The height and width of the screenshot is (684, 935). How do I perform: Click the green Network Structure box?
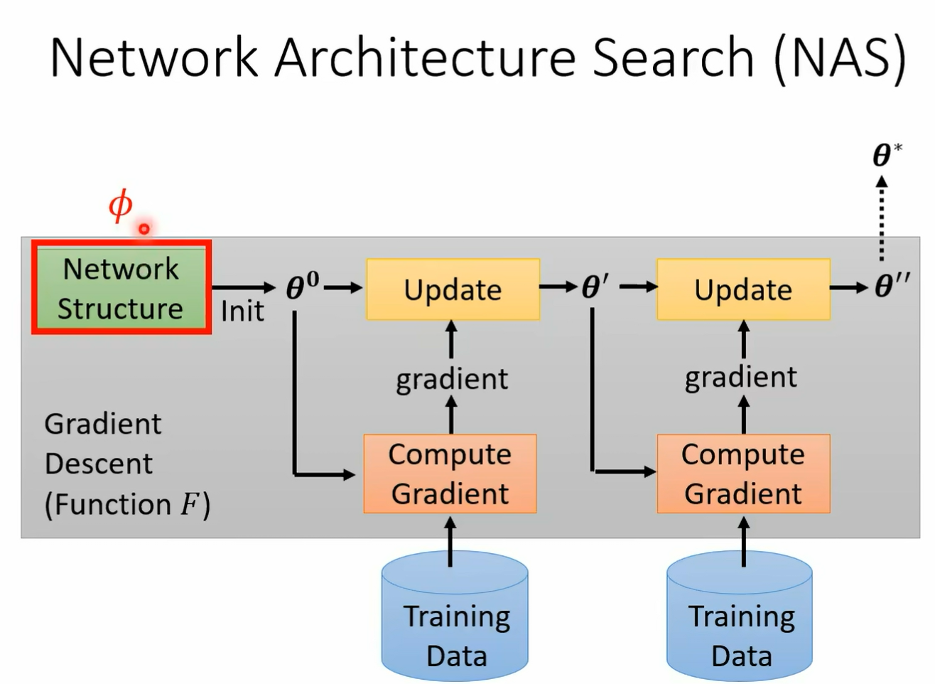(x=121, y=287)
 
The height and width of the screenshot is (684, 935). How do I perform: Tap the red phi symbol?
(x=121, y=205)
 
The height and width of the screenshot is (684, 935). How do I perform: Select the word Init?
(x=242, y=311)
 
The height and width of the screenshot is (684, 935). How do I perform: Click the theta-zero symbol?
(x=303, y=286)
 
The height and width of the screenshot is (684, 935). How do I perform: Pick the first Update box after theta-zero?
(x=453, y=289)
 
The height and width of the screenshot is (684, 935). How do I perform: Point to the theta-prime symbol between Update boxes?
(x=595, y=287)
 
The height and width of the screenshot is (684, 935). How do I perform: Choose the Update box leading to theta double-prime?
(x=743, y=289)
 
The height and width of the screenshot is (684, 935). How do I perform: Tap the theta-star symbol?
(x=887, y=154)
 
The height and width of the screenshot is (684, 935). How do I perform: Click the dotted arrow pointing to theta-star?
(x=882, y=218)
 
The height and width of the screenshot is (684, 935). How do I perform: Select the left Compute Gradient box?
(x=450, y=474)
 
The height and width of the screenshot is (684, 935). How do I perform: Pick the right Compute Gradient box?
(x=743, y=474)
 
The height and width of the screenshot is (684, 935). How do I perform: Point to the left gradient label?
(x=452, y=380)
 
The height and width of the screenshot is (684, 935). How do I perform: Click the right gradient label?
(x=741, y=378)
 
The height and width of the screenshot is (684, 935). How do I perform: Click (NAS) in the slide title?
(x=841, y=59)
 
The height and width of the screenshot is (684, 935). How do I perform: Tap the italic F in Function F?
(x=189, y=504)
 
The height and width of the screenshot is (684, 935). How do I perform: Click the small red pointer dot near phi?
(x=144, y=229)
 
